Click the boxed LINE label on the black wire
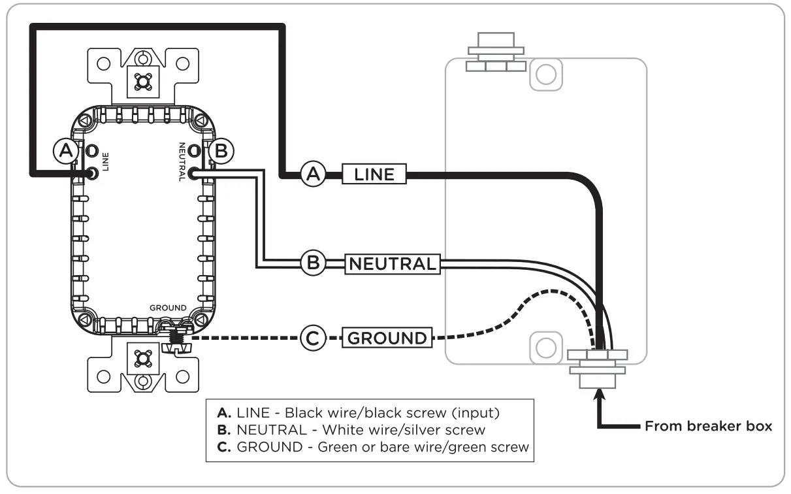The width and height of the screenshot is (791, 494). pos(374,174)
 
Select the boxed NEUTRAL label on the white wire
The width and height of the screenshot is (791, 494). pos(393,264)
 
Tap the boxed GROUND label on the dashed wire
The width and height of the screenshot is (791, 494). pos(387,338)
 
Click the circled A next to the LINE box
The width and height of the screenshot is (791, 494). pos(314,174)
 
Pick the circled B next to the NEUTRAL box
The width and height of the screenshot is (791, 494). pos(314,263)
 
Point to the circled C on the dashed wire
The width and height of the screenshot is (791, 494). pos(313,338)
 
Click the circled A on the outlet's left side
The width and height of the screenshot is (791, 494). pos(66,151)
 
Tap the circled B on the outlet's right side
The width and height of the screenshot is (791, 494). pos(221,151)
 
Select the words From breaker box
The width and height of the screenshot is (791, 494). pos(708,426)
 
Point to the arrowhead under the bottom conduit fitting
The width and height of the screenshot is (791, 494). pos(599,394)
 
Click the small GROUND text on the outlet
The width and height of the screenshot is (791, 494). pos(168,308)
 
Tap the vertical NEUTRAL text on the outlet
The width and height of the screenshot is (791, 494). pos(182,162)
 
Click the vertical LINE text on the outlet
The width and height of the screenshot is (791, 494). pos(105,162)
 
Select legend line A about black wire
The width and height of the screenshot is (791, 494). pos(359,413)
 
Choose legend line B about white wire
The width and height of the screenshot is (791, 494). pos(351,430)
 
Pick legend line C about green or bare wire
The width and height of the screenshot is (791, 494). pos(373,447)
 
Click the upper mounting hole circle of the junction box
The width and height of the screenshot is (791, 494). pos(546,74)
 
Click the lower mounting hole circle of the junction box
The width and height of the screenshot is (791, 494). pos(546,348)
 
